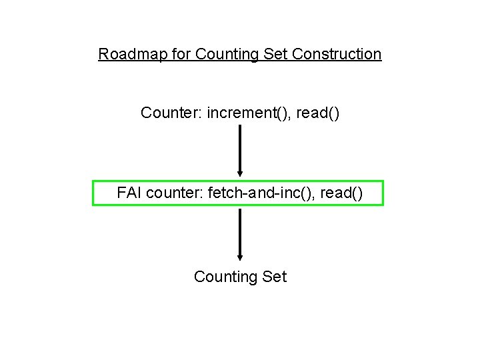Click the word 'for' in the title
(181, 54)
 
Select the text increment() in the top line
(249, 113)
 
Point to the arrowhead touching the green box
(240, 175)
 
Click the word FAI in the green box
(129, 193)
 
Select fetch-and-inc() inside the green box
(261, 193)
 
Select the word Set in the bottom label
(274, 277)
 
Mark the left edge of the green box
(93, 193)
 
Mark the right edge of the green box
(383, 193)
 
